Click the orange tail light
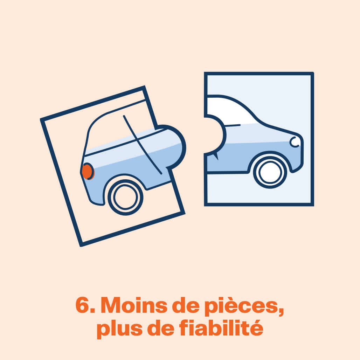click(88, 171)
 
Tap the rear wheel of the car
click(125, 197)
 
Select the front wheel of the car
click(270, 172)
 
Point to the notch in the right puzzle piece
click(215, 136)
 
